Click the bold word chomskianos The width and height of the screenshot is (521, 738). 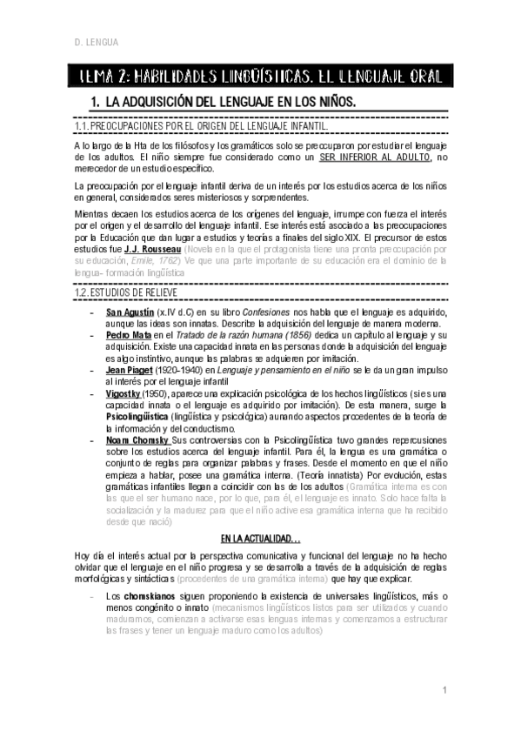pyautogui.click(x=157, y=594)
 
